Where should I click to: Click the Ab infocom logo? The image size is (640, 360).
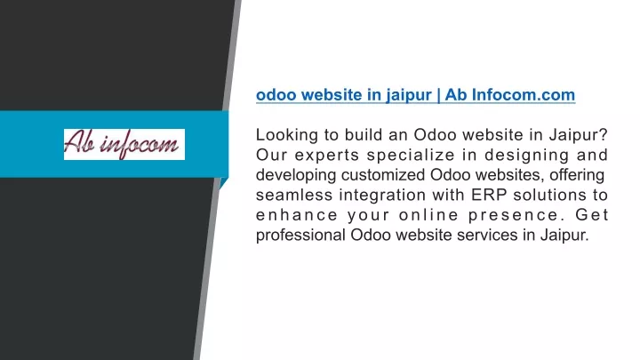124,144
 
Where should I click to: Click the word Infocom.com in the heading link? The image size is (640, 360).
524,95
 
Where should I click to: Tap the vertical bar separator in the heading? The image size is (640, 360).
438,95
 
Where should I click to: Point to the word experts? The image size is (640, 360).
326,156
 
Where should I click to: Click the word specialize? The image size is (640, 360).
411,155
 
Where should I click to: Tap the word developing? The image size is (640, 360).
296,175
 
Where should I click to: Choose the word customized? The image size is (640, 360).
383,175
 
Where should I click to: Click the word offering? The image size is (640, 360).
577,175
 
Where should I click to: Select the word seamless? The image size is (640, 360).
294,195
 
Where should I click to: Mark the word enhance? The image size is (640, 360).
297,215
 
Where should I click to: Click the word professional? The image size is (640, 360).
300,235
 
